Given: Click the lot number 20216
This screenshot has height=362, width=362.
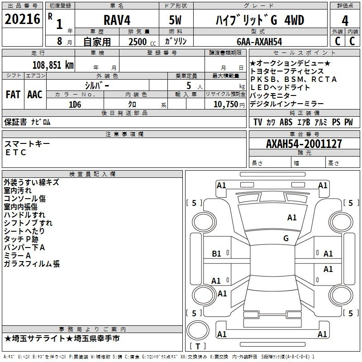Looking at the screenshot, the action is point(22,19).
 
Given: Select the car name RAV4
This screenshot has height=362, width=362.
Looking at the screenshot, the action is point(117,20).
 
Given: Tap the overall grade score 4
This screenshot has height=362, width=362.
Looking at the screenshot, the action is point(345,21).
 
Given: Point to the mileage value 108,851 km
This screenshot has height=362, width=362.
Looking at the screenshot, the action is point(53,65).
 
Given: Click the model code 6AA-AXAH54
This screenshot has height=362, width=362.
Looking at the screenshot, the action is point(259,42).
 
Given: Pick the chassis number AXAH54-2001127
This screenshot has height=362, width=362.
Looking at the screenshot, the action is point(304,144).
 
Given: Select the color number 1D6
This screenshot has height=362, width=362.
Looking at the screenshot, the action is point(75,105).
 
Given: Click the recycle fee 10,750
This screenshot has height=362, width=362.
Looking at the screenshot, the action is point(225,105).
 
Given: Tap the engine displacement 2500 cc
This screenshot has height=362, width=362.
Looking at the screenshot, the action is point(142,42).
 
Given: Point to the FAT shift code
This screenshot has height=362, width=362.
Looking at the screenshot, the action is point(13,95).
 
